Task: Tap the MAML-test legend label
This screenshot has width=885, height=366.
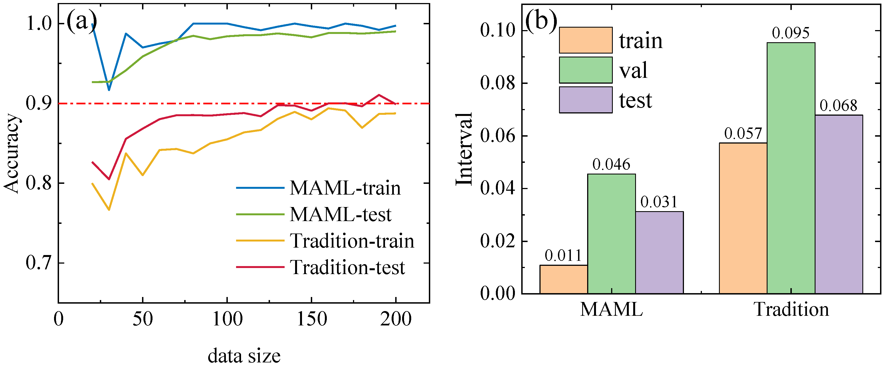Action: click(340, 214)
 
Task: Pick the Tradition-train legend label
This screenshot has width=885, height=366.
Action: click(352, 240)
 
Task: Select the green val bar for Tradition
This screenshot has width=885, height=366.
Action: click(791, 168)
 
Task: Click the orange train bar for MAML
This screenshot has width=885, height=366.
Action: click(563, 279)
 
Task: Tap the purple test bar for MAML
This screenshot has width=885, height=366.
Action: click(659, 253)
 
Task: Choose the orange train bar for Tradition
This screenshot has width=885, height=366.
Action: click(743, 218)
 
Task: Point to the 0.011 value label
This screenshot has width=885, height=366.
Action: click(563, 256)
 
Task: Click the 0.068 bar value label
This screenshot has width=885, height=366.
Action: click(839, 106)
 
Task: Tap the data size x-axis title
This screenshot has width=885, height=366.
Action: click(244, 355)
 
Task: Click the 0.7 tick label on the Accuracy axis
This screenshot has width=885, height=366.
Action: click(38, 263)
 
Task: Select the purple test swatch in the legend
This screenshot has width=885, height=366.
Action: click(586, 100)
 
